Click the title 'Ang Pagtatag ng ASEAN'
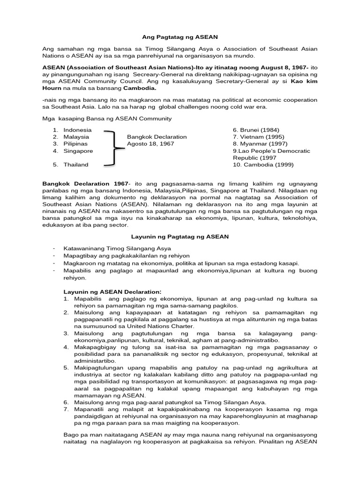pos(180,36)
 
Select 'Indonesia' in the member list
pos(78,129)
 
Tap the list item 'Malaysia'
pos(76,137)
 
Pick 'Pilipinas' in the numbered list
pos(75,144)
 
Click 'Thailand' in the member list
pos(76,165)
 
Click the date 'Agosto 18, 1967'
pos(150,144)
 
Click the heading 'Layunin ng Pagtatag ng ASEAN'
pos(180,237)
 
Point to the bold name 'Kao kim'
pos(304,81)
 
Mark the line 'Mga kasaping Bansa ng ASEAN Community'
pos(107,118)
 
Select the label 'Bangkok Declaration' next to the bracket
pos(157,137)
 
